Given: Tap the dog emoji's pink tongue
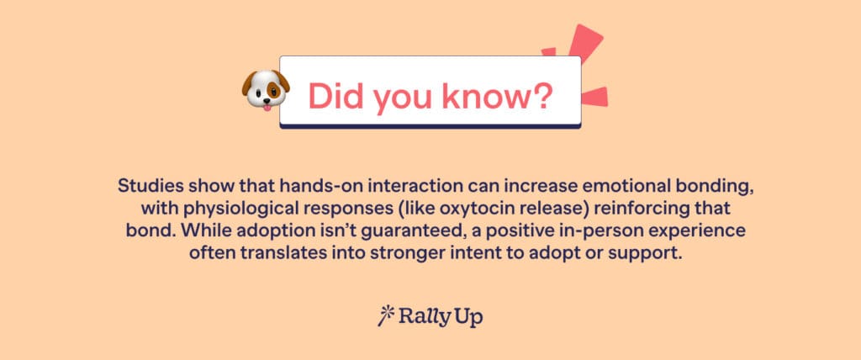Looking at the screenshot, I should pyautogui.click(x=266, y=105).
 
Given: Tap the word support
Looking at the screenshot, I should pyautogui.click(x=643, y=252).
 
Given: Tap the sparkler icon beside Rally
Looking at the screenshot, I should pyautogui.click(x=386, y=315).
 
